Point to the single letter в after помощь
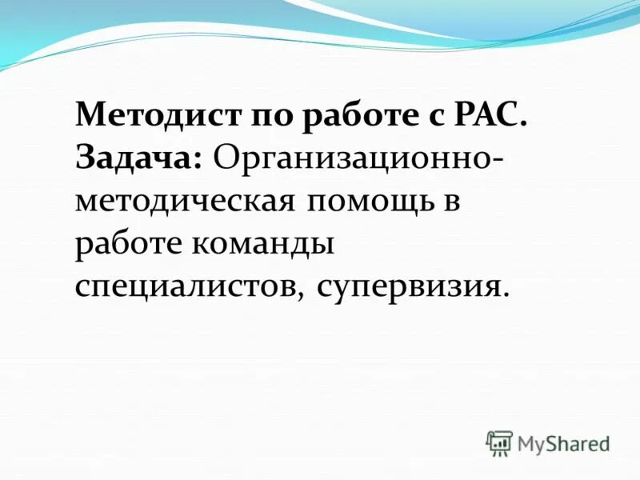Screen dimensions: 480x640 click(452, 201)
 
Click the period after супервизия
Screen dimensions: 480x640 click(505, 292)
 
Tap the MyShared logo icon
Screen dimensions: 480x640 click(499, 442)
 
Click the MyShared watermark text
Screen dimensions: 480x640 click(563, 443)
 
